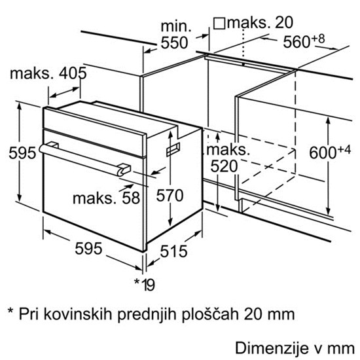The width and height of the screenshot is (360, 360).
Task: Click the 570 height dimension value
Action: tap(170, 196)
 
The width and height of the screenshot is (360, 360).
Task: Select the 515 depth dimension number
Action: tap(173, 251)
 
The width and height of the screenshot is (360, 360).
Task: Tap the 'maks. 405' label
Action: tap(48, 73)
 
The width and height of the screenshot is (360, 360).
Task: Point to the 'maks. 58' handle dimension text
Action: tap(106, 198)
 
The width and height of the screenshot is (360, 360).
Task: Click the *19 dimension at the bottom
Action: tap(145, 284)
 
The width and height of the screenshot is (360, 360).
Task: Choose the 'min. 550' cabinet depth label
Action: tap(175, 35)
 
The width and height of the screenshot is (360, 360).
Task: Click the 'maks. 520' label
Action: tap(227, 158)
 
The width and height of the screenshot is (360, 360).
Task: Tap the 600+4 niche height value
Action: tap(330, 152)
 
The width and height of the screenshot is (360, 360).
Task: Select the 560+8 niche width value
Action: tap(304, 41)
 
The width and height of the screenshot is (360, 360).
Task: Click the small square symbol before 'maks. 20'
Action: tap(219, 24)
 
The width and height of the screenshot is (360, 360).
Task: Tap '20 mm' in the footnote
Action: tap(269, 314)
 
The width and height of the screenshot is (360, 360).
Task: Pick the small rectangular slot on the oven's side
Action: tap(173, 149)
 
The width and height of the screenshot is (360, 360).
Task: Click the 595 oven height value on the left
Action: tap(22, 153)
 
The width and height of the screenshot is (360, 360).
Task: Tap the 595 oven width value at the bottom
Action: tap(88, 248)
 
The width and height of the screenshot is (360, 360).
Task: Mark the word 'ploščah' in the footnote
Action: tap(210, 314)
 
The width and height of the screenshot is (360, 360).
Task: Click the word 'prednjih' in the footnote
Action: tap(147, 314)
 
